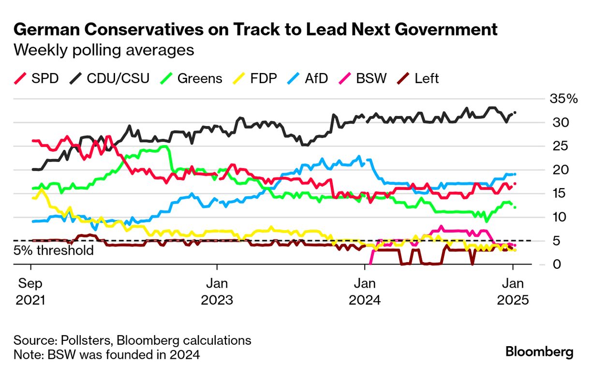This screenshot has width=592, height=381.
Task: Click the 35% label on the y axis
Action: [x=563, y=99]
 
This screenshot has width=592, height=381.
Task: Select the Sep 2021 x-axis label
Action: [x=31, y=291]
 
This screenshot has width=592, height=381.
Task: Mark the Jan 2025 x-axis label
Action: [x=514, y=291]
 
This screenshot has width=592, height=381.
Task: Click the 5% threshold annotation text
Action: [x=53, y=250]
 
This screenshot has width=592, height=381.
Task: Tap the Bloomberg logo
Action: [x=539, y=352]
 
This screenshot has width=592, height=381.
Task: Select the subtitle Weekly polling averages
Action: [x=104, y=50]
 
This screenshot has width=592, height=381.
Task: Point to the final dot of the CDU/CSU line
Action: [x=515, y=112]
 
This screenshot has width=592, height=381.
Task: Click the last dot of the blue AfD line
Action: [x=515, y=174]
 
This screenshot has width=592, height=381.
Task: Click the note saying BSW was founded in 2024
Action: [x=106, y=354]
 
